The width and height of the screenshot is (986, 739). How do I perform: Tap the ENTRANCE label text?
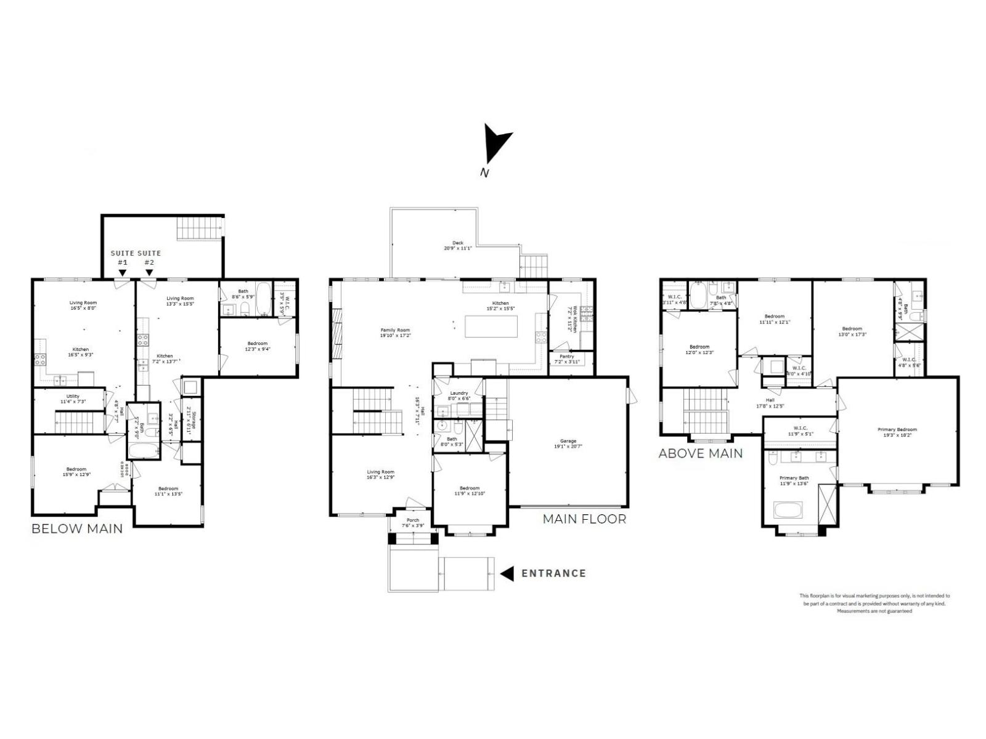coord(553,573)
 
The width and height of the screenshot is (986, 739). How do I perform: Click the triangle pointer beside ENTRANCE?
coord(507,574)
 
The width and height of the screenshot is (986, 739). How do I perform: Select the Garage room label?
coord(568,441)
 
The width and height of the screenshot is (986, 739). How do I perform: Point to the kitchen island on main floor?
coord(491,326)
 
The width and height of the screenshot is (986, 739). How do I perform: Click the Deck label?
coord(457,243)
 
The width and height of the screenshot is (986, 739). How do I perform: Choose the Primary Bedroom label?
coord(897,430)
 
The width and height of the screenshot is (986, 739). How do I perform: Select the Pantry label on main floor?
coord(566,357)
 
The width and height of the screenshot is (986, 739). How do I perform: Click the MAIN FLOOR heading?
coord(584,519)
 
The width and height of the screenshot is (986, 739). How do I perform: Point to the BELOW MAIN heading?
coord(77,528)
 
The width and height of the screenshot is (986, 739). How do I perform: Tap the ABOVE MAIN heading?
coord(700,454)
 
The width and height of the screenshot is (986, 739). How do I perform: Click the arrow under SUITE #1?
coord(123,272)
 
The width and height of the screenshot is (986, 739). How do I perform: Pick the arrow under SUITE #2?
coord(149,272)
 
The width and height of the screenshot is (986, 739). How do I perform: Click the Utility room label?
coord(73,397)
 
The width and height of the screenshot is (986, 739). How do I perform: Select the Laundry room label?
coord(458,393)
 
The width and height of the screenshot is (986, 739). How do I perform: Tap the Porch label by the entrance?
coord(412,520)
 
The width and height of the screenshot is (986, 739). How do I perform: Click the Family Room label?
coord(395,330)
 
